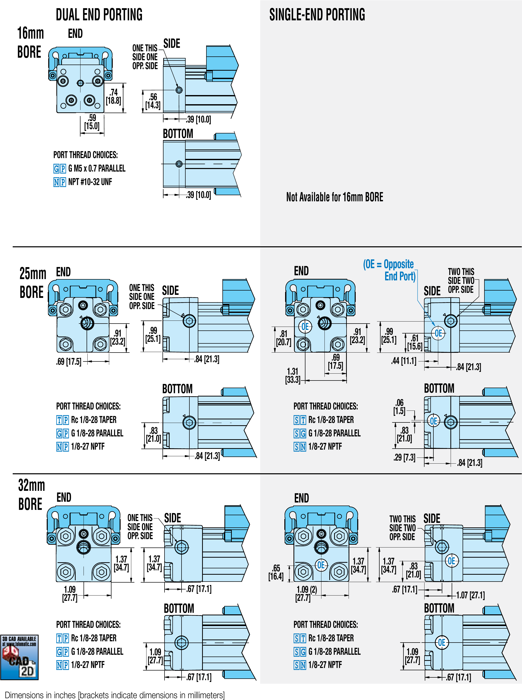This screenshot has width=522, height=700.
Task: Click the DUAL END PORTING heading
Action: click(99, 15)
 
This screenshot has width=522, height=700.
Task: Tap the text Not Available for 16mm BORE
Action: click(334, 197)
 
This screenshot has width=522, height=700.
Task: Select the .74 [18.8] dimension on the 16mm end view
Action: click(113, 97)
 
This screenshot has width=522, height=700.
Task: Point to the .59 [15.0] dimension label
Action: click(92, 122)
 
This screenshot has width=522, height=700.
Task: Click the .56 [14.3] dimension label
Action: click(153, 101)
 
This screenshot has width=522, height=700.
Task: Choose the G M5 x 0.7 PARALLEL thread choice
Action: click(96, 168)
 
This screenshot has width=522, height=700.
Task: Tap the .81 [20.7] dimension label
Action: click(283, 338)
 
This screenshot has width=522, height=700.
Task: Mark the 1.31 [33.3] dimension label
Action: click(292, 375)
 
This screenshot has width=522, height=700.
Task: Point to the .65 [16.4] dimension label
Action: click(276, 572)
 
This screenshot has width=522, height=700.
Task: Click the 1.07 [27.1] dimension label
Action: click(470, 595)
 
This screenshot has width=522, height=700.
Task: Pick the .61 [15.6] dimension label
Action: click(415, 342)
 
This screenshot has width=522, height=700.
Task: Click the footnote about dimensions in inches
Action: click(115, 695)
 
